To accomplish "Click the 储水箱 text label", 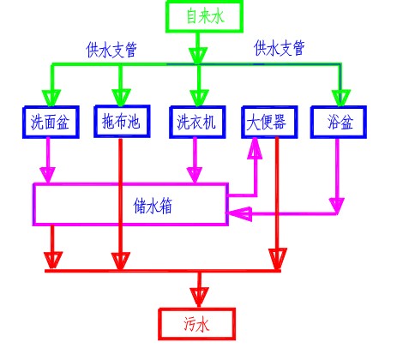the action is [153, 206].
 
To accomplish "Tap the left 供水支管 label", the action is [111, 50].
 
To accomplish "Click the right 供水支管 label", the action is [280, 48].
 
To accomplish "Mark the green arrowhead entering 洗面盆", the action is [51, 98].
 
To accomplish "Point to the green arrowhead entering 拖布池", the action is [121, 97].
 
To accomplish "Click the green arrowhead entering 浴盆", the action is [341, 98].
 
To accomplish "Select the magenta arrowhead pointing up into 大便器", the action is [255, 148].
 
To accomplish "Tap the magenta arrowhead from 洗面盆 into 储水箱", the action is [48, 175].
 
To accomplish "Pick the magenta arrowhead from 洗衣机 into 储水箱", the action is [195, 175].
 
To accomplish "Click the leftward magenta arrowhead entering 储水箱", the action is [239, 213].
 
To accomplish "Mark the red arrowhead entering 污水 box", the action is [199, 297].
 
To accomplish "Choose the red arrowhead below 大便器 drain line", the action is [277, 259].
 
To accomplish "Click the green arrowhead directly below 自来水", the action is [198, 56].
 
